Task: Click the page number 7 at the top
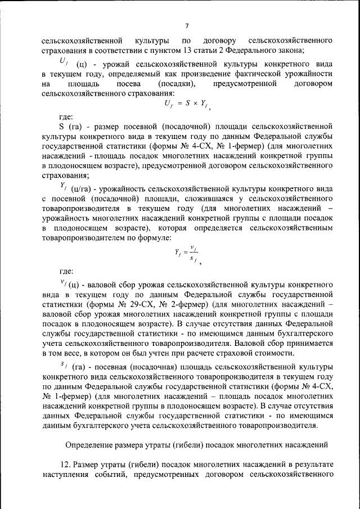(x=186, y=25)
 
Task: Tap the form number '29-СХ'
(x=145, y=304)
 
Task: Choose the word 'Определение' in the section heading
(x=88, y=445)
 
